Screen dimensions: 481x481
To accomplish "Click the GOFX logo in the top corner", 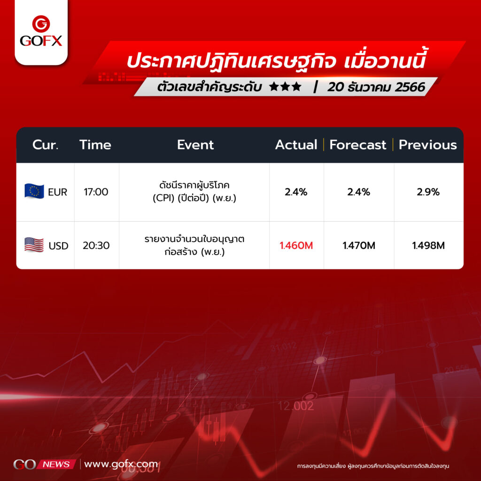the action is point(41,31).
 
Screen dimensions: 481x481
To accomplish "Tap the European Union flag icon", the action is point(34,191).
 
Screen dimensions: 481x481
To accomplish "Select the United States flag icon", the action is point(34,245).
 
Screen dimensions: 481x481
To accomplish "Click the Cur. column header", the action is point(45,145).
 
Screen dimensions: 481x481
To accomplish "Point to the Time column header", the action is point(95,145).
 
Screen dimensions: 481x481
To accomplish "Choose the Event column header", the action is point(195,145).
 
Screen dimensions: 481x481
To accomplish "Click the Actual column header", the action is point(296,145).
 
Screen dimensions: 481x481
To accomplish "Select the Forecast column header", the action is point(357,145).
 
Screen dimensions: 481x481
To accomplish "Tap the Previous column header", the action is point(427,145).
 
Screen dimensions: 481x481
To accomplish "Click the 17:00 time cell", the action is point(96,192).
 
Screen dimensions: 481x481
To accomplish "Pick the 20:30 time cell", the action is point(96,245).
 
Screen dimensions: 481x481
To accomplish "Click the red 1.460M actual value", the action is point(296,245).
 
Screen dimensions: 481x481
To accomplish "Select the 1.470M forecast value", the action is point(358,245).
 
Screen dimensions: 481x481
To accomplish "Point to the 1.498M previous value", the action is point(428,245).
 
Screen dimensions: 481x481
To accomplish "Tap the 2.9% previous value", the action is point(428,192).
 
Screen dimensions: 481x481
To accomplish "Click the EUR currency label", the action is point(57,192).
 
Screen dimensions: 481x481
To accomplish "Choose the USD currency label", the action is point(58,246).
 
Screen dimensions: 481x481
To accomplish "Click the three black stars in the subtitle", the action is point(285,87).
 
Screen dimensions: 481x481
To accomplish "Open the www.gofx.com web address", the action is point(121,464).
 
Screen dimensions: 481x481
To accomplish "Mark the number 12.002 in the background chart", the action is point(296,406).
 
